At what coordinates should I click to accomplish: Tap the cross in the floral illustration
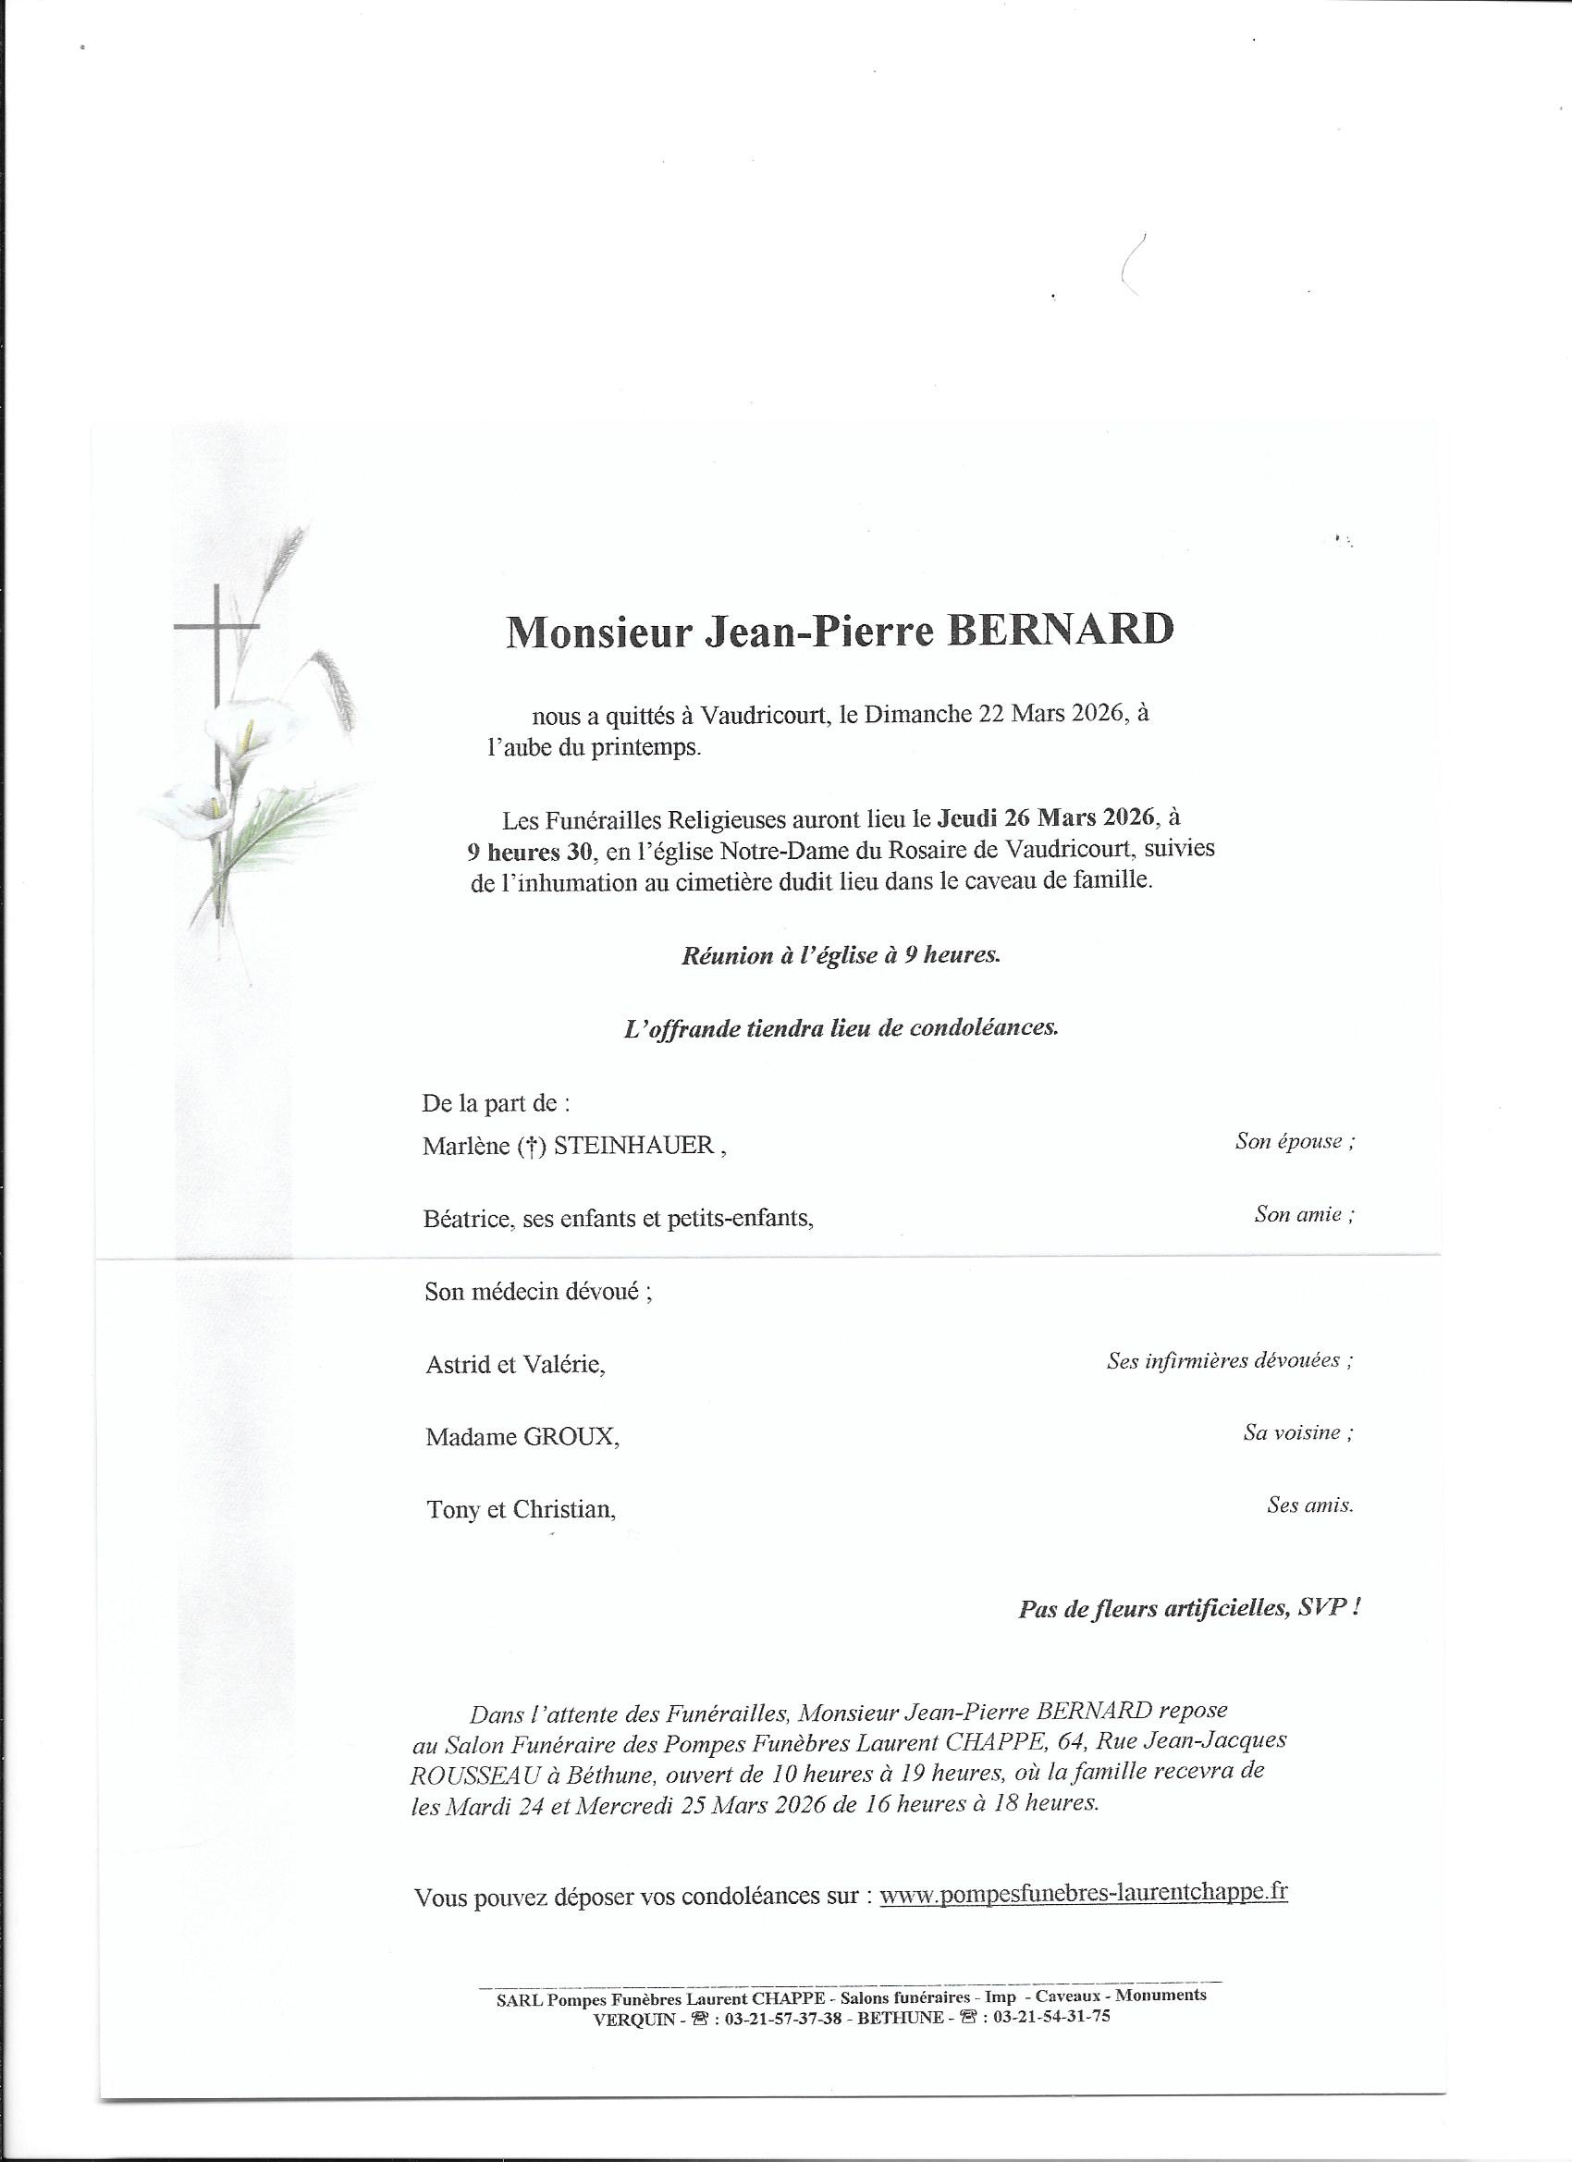(x=217, y=668)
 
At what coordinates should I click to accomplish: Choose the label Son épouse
(x=1294, y=1141)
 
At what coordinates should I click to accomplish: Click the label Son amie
(x=1303, y=1214)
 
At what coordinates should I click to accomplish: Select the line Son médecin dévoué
(x=538, y=1293)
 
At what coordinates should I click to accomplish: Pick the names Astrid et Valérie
(x=515, y=1365)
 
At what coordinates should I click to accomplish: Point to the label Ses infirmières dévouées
(x=1229, y=1360)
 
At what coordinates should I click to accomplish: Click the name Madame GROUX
(x=522, y=1437)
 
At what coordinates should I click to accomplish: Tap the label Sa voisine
(x=1297, y=1431)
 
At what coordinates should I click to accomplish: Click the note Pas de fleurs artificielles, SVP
(x=1189, y=1609)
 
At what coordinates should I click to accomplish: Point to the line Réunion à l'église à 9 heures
(x=841, y=956)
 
